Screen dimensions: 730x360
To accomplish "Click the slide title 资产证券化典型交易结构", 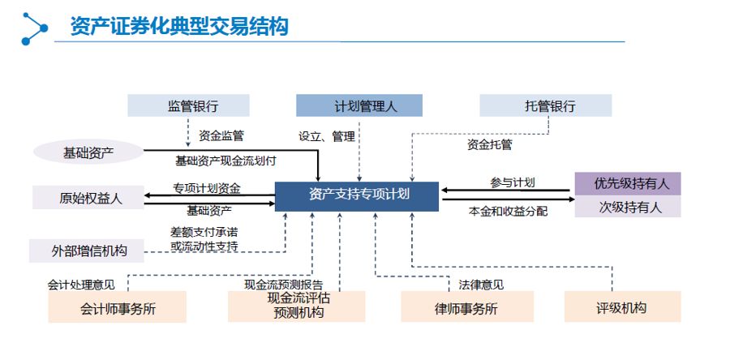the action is pos(180,27).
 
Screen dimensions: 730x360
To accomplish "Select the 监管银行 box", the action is pos(188,105).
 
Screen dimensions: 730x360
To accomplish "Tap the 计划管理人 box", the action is pos(359,105).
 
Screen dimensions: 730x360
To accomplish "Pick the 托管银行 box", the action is pos(546,105).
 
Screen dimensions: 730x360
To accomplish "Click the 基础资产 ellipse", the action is pos(88,152).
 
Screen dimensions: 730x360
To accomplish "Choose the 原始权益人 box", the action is pos(88,198).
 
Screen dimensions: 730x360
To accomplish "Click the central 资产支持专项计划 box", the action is pos(357,196).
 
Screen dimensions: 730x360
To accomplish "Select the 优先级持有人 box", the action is pos(628,184).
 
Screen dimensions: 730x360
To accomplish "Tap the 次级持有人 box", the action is pos(628,207).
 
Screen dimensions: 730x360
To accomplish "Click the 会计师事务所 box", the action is pos(118,307).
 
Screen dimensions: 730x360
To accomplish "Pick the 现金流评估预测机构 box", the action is pos(297,306).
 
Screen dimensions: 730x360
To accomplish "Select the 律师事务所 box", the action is pos(467,307).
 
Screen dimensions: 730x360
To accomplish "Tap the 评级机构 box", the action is pos(622,307).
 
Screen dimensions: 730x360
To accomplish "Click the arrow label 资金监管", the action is pos(221,136).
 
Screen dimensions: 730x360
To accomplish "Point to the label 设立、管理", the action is pos(327,136).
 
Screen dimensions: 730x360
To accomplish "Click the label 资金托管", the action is pos(489,144).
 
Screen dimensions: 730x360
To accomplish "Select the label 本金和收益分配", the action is pos(508,211).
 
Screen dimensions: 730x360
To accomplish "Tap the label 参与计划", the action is pos(513,182).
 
